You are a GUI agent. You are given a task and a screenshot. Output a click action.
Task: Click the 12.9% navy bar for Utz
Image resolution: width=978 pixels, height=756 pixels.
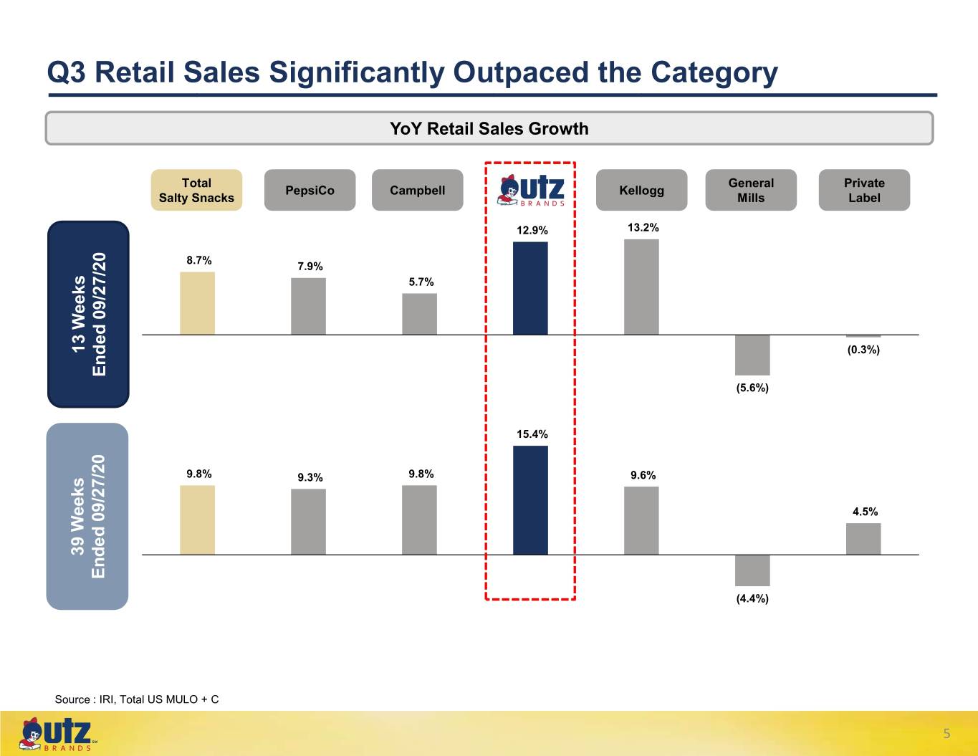click(x=530, y=288)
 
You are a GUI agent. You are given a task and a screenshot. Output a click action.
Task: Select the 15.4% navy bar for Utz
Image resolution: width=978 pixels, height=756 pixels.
click(x=530, y=500)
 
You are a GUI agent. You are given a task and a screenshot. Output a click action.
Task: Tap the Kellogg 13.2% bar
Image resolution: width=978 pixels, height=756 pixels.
click(x=641, y=287)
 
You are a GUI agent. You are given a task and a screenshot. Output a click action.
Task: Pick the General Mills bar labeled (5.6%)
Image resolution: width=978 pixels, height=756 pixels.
click(x=752, y=355)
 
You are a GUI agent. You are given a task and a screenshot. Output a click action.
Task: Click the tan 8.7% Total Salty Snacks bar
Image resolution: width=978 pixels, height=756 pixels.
click(x=197, y=303)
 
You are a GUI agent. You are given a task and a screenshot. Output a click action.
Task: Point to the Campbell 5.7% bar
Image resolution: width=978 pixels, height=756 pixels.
click(x=419, y=314)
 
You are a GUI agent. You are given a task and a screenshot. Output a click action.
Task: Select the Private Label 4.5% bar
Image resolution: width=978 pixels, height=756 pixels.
click(x=863, y=539)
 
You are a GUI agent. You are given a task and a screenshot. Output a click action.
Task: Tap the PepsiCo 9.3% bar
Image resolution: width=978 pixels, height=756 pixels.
click(x=308, y=522)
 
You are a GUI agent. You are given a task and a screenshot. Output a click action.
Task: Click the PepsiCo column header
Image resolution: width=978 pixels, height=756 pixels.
click(x=310, y=190)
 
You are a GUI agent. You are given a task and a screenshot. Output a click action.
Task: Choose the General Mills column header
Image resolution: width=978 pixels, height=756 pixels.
click(x=751, y=190)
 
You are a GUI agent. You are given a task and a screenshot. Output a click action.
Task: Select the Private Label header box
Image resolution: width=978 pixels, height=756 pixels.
click(x=864, y=190)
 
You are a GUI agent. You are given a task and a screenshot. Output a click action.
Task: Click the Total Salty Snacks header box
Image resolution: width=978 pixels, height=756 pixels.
click(x=196, y=190)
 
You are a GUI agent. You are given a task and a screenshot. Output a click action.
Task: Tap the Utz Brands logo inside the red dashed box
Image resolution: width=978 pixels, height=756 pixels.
click(x=531, y=191)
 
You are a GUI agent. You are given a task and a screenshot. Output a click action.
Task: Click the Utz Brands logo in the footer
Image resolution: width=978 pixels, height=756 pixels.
click(x=57, y=734)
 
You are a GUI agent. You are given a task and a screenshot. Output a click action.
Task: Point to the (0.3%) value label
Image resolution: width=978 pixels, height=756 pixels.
click(x=863, y=350)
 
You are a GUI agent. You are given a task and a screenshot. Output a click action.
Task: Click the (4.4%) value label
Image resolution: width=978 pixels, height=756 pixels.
click(x=752, y=598)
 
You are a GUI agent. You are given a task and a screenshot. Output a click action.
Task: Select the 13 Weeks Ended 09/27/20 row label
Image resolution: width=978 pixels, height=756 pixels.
click(x=88, y=314)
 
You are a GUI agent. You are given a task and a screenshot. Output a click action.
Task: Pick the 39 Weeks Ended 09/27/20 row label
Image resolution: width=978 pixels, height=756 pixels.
click(x=87, y=516)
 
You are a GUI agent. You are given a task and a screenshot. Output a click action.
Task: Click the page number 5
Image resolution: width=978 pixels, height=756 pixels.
click(x=946, y=734)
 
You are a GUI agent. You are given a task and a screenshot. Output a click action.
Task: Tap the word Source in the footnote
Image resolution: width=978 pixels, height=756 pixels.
click(x=72, y=699)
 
